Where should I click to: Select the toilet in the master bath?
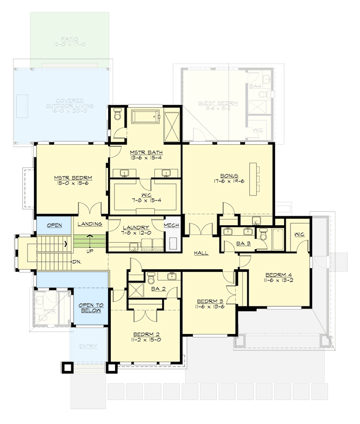point(118,113)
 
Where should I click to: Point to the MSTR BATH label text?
point(145,153)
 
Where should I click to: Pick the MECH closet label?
point(171,225)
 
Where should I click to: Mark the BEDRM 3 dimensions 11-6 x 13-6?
point(209,306)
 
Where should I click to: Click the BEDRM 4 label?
point(278,274)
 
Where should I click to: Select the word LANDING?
point(89,225)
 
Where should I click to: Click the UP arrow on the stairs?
point(90,240)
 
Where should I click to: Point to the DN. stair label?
point(76,261)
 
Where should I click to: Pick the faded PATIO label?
point(70,40)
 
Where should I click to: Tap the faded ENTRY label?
point(88,346)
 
